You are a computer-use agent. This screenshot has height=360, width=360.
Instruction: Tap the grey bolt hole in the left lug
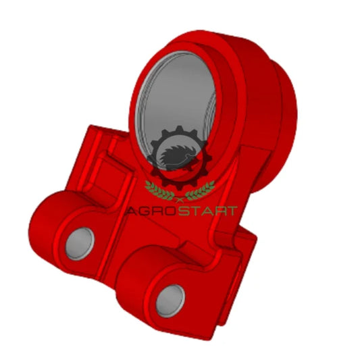pos(80,244)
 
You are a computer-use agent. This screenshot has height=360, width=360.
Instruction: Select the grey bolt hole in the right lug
pos(170,301)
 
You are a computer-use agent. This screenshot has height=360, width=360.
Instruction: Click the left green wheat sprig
pos(159,190)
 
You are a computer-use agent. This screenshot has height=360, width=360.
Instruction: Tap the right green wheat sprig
pos(200,190)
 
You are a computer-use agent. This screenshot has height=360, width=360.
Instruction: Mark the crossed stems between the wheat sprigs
pos(180,200)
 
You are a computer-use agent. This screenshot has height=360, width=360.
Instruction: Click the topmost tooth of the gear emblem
pos(179,129)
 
